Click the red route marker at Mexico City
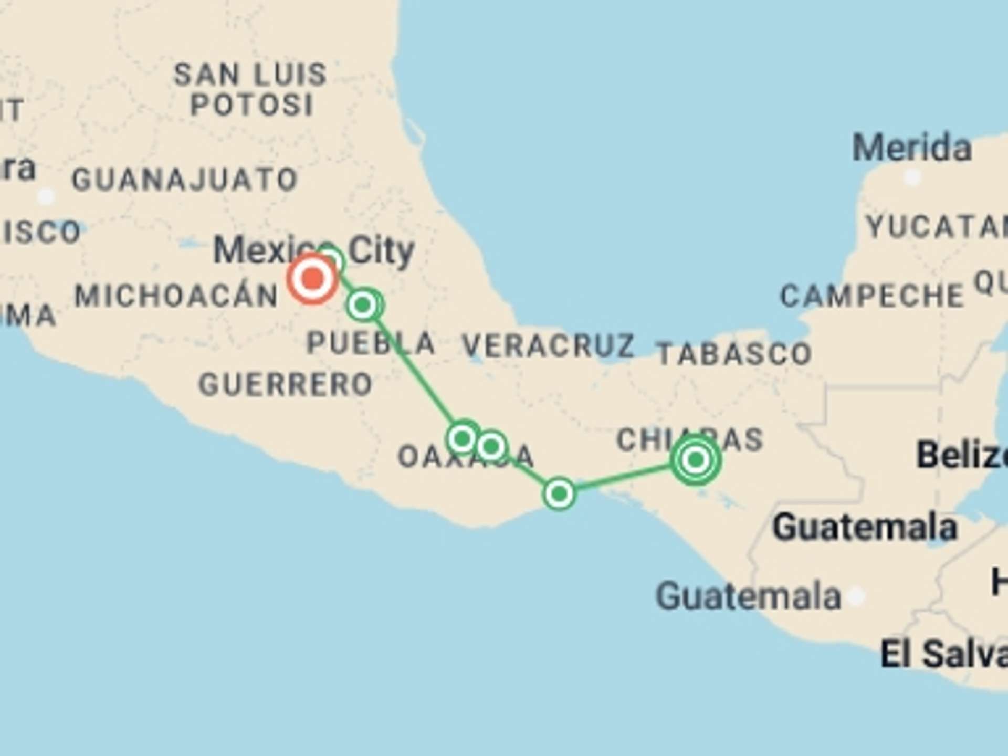click(312, 278)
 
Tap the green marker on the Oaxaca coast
click(559, 493)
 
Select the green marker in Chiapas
click(696, 460)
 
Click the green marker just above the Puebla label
click(363, 304)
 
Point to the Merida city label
click(912, 148)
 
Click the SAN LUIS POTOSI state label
click(251, 89)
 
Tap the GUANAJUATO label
click(185, 180)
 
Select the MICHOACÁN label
click(176, 296)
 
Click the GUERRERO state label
click(286, 384)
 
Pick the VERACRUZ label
click(548, 345)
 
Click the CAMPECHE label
click(872, 296)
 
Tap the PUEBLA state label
click(371, 343)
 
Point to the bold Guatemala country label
click(865, 527)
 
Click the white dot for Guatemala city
click(856, 596)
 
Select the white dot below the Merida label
click(912, 177)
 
